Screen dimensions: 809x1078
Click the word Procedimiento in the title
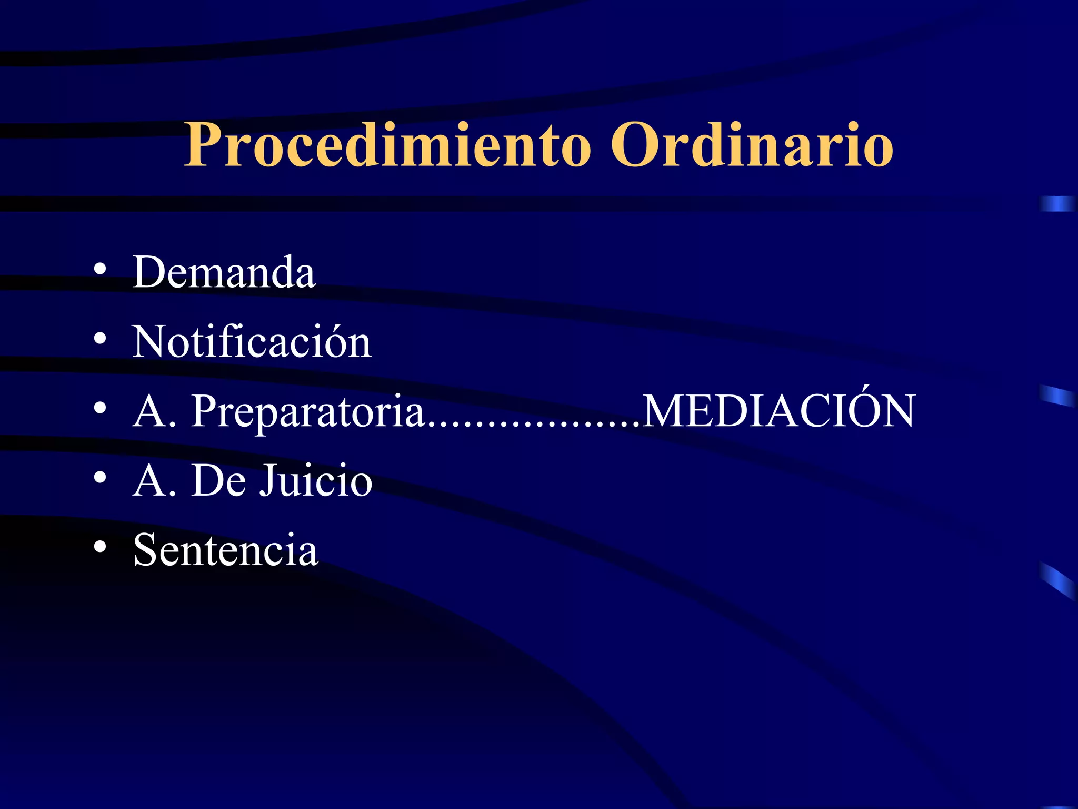[388, 145]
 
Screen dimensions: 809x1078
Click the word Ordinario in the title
[752, 145]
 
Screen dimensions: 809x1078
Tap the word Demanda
[224, 272]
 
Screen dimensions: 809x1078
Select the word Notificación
[252, 342]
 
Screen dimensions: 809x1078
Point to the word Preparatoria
[308, 411]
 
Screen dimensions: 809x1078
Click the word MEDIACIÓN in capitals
[779, 411]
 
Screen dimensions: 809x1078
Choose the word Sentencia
[226, 550]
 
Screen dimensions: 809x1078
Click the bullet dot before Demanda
[100, 270]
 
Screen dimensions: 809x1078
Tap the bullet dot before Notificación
[100, 339]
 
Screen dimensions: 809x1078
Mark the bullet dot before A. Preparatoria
[100, 408]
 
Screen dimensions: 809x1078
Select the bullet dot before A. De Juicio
[100, 478]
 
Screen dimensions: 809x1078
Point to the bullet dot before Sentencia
[100, 547]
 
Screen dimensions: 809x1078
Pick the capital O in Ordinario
[633, 145]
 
